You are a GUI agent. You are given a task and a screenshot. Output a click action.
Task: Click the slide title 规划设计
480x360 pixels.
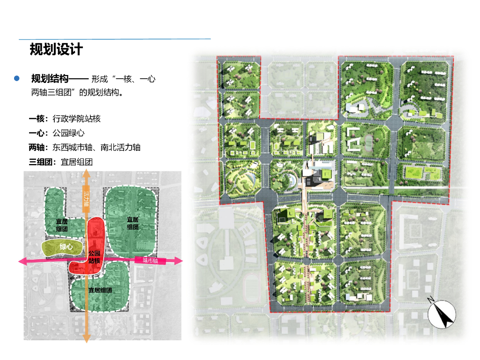56,49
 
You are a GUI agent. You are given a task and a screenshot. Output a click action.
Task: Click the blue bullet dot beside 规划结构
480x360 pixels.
17,78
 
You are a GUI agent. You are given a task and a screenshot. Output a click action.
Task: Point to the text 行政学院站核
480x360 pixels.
76,119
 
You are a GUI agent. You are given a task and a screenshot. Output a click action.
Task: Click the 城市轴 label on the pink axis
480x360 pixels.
150,261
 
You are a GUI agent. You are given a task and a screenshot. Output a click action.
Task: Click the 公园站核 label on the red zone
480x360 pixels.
94,257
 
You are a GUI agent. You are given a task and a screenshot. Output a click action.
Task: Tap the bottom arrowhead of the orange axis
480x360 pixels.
86,339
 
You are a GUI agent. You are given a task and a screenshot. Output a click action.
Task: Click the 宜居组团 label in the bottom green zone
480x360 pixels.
100,290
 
